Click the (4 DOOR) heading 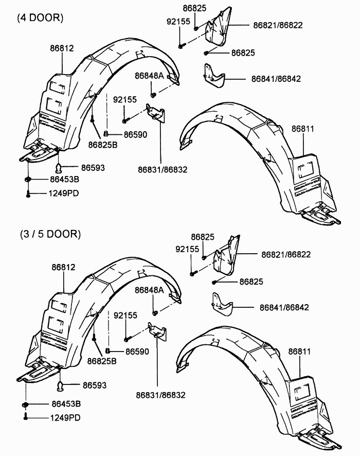(x=40, y=17)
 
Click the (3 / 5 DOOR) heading (x=50, y=234)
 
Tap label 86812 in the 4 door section (x=62, y=48)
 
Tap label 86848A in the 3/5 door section (x=149, y=290)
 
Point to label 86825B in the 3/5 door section (x=102, y=360)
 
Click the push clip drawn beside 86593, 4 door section (x=59, y=167)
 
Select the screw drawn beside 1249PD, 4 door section (x=27, y=194)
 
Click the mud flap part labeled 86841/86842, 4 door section (x=214, y=78)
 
